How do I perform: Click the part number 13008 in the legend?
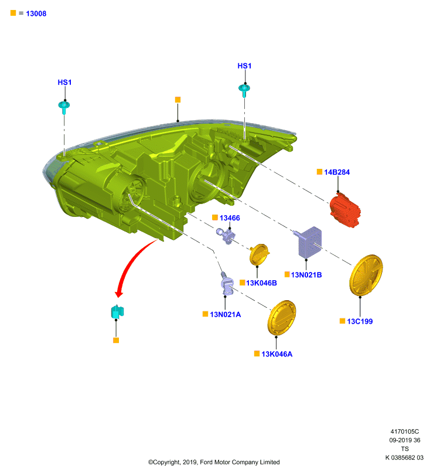[x=36, y=13]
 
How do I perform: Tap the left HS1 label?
[x=64, y=83]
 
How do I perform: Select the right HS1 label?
[x=244, y=66]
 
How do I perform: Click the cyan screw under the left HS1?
[x=64, y=107]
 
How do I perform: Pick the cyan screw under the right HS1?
[x=244, y=90]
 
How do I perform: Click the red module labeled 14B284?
[x=345, y=210]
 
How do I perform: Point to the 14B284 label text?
[x=337, y=172]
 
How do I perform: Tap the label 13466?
[x=230, y=218]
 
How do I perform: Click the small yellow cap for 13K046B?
[x=259, y=255]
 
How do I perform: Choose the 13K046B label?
[x=261, y=283]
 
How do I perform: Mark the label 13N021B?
[x=306, y=275]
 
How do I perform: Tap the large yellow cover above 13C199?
[x=366, y=275]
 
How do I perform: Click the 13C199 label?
[x=360, y=321]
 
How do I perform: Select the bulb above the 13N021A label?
[x=227, y=284]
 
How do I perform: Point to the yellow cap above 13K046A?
[x=281, y=318]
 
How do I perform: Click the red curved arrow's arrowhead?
[x=119, y=294]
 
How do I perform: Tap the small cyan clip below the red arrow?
[x=117, y=312]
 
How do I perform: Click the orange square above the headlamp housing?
[x=178, y=100]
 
